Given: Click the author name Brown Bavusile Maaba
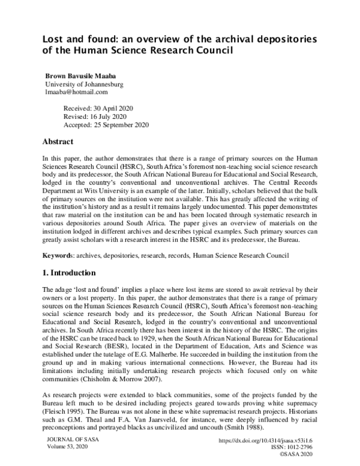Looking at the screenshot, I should pos(80,76).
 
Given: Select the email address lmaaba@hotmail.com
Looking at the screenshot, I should pos(76,92).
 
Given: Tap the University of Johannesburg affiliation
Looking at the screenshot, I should pos(85,85).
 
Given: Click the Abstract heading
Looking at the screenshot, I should pos(58,142).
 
